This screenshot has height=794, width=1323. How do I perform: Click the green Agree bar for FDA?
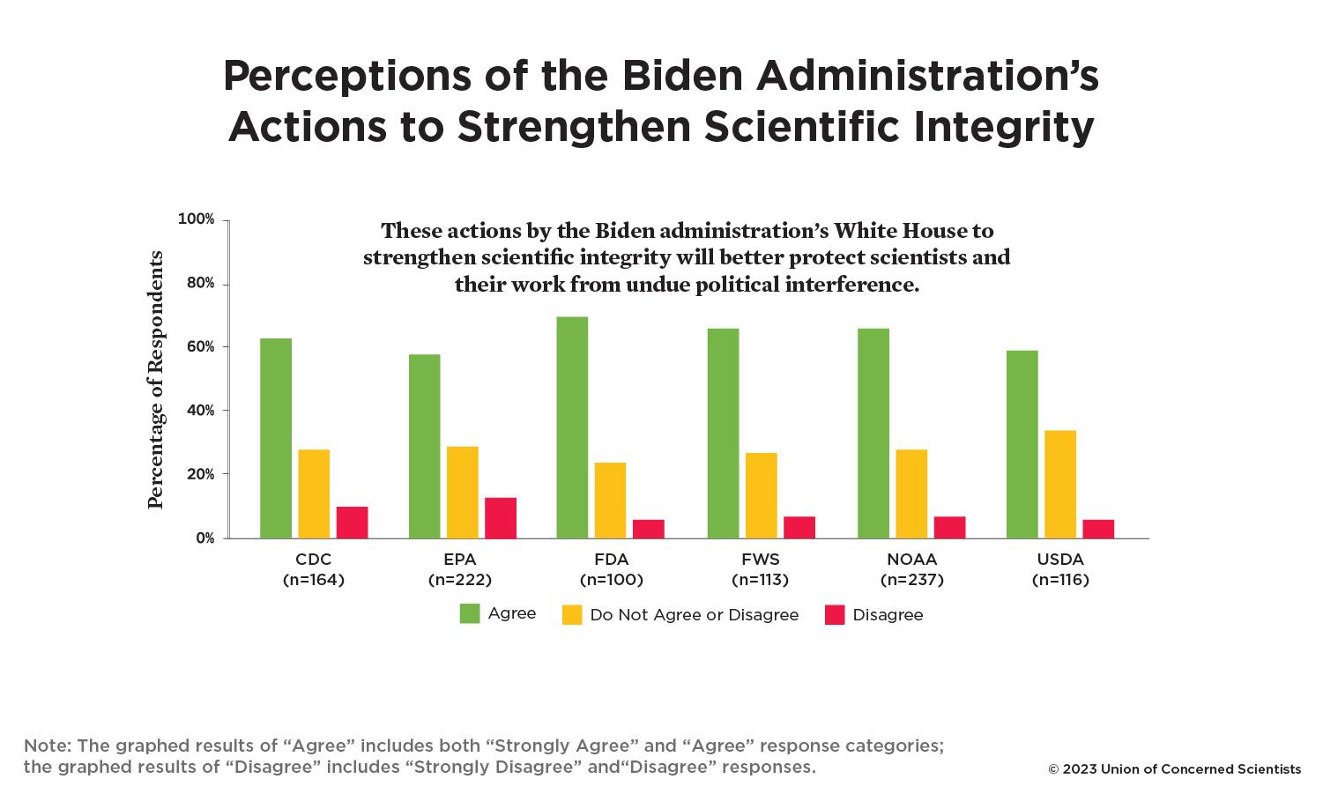(x=572, y=427)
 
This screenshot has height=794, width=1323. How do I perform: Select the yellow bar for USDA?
(x=1060, y=484)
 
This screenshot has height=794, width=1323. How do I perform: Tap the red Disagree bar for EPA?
(x=501, y=518)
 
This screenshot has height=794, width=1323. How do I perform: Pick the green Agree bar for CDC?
(x=276, y=438)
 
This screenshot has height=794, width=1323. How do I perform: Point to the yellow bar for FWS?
(x=762, y=495)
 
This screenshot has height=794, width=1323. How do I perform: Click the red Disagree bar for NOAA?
(x=950, y=527)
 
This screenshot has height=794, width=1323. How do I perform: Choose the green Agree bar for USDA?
(x=1022, y=444)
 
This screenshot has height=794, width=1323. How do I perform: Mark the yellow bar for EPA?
(x=463, y=492)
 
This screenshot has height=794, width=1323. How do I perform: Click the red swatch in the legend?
(x=835, y=615)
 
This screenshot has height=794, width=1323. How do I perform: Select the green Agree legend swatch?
(x=470, y=613)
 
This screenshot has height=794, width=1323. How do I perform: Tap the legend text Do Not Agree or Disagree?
(x=695, y=615)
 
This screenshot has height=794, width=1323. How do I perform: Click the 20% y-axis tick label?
(x=200, y=474)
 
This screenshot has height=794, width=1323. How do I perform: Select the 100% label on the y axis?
(x=197, y=219)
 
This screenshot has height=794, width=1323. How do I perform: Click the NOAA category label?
(x=912, y=560)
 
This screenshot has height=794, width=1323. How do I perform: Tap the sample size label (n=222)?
(x=459, y=580)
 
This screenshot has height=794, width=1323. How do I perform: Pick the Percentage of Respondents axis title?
(x=156, y=380)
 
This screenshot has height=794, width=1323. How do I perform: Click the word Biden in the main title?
(x=683, y=76)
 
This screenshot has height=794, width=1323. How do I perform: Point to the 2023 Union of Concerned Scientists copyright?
(x=1174, y=769)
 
